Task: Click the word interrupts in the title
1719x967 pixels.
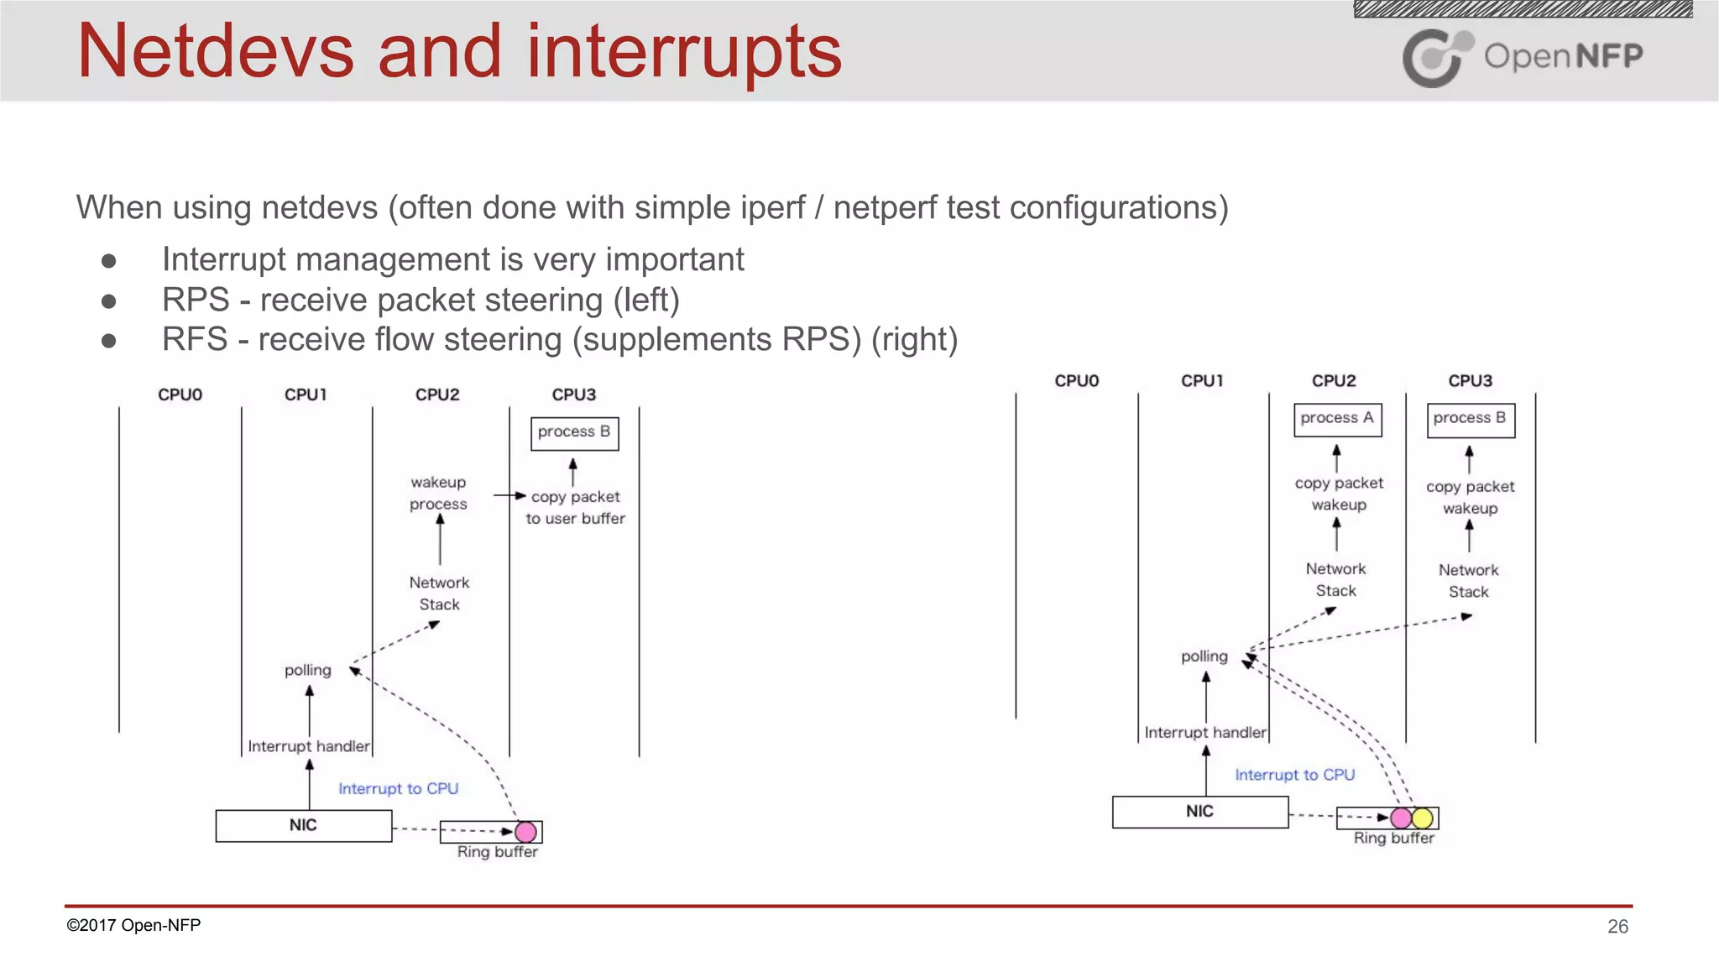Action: (683, 52)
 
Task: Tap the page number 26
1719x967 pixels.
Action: (1617, 926)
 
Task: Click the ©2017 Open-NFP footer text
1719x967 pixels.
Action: (133, 925)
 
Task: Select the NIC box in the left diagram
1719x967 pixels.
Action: (303, 825)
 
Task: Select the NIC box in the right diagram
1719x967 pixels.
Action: (1199, 812)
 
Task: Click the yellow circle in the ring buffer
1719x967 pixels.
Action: (1423, 818)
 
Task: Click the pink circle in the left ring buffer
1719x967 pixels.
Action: (525, 832)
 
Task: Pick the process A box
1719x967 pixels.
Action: (1337, 419)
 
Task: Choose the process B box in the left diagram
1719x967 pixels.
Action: (574, 432)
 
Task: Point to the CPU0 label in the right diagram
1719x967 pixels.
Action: (1076, 381)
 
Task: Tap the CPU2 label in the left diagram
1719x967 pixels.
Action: (437, 395)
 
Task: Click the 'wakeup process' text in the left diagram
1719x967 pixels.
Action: (438, 493)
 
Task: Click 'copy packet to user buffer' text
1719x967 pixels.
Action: (576, 508)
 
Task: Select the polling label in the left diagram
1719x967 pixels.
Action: (307, 670)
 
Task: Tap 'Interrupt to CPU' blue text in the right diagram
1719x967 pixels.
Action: (1294, 775)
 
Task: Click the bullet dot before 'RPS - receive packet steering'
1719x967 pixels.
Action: (108, 301)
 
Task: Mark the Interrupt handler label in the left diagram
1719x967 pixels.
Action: (308, 746)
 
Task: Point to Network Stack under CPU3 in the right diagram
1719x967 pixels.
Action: (1468, 581)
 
